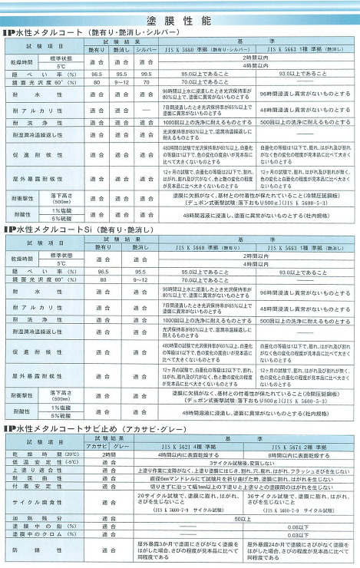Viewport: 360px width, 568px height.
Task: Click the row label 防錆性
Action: point(33,550)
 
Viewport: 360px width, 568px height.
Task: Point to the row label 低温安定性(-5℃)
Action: point(33,462)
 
